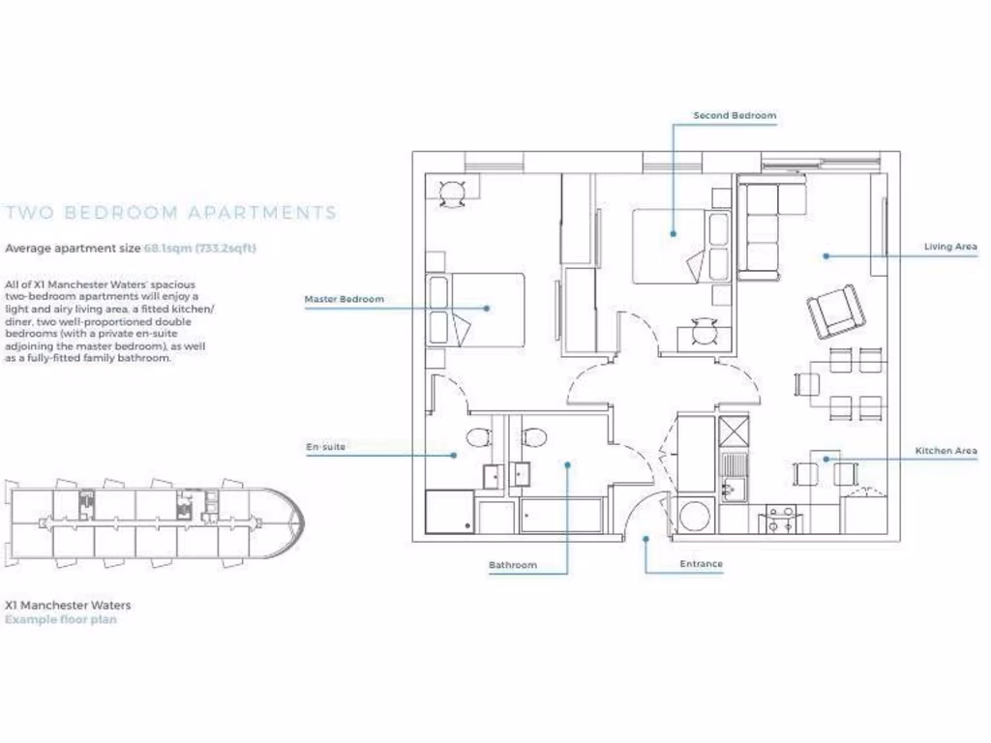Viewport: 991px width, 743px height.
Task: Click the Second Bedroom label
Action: pos(735,115)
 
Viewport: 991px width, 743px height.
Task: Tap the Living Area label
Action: pos(950,247)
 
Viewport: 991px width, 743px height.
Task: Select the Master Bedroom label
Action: pos(344,299)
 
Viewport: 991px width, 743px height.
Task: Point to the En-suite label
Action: pos(325,447)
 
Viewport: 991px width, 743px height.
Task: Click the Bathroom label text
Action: pos(512,565)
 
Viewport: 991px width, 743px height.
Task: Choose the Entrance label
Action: pos(701,564)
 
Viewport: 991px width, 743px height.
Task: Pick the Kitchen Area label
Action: pos(946,451)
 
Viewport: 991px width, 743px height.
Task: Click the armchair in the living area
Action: pos(836,311)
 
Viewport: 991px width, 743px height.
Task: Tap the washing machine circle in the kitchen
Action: pos(695,515)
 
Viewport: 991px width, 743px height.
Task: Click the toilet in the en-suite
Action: pos(479,437)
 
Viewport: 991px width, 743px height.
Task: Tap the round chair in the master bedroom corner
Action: pos(452,193)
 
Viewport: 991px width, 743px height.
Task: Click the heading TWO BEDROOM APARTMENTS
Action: pos(171,213)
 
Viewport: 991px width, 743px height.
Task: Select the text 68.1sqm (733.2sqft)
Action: pos(200,248)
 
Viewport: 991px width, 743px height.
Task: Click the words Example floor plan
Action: pos(61,619)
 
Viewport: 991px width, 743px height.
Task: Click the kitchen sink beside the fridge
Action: pos(733,476)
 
